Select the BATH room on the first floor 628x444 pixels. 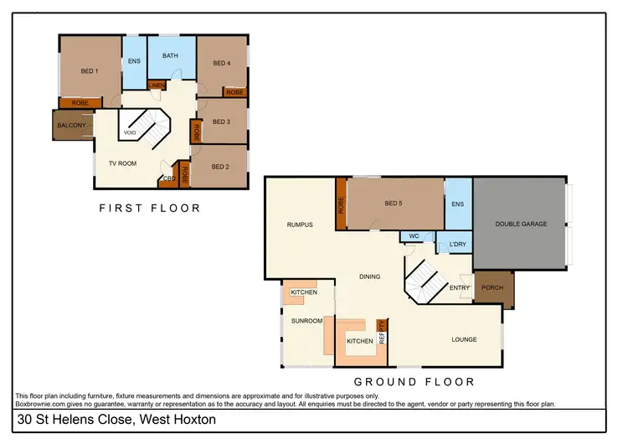pos(170,56)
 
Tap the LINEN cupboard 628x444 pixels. pos(157,85)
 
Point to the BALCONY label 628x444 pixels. pos(71,126)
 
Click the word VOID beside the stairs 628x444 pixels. pos(130,133)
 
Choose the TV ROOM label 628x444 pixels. pos(122,163)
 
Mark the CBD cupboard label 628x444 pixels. pos(168,178)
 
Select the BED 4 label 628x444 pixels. pos(221,63)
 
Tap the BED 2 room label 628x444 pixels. pos(220,167)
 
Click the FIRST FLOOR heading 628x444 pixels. pos(150,208)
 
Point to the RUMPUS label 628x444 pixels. pos(299,225)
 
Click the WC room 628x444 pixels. pos(414,237)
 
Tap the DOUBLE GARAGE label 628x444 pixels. pos(521,224)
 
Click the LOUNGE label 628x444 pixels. pos(464,339)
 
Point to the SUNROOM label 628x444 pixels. pos(306,321)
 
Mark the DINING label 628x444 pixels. pos(369,276)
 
